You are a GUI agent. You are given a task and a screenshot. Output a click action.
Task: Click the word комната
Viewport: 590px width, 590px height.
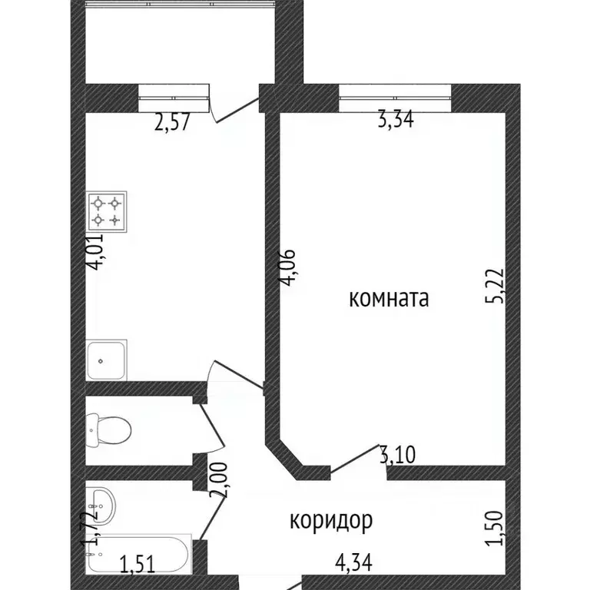388,299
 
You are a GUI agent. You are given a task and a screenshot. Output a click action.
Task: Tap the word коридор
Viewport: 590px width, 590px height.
331,521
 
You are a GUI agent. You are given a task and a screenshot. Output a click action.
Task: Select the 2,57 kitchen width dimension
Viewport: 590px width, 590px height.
173,122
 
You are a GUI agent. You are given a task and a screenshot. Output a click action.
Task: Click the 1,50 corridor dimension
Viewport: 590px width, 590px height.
498,529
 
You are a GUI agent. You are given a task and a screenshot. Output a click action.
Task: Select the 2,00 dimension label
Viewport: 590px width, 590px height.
223,481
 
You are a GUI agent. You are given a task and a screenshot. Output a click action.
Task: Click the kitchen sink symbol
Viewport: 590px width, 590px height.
107,360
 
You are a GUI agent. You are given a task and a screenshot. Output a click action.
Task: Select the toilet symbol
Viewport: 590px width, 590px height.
104,429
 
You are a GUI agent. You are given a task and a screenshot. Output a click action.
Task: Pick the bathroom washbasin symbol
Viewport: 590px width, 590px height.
101,504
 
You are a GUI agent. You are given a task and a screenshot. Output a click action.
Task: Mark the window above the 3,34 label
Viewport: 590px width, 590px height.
394,96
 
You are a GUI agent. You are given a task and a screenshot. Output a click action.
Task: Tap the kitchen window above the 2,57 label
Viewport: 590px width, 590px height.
174,96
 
